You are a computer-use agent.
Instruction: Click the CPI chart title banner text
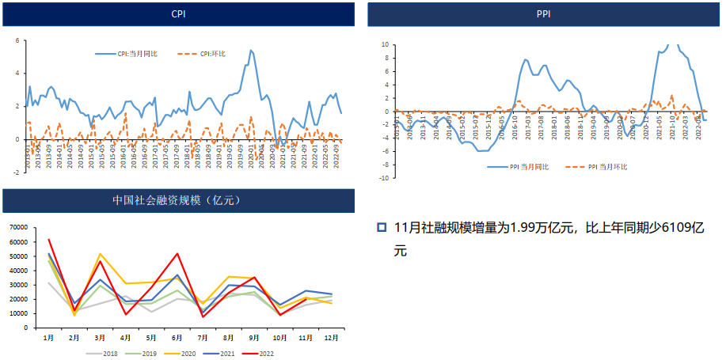point(180,15)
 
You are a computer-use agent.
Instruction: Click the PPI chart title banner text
point(543,14)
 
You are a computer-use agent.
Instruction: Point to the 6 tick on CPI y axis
point(17,40)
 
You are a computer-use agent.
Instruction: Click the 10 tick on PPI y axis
point(384,45)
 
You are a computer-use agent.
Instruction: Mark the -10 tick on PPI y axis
point(383,178)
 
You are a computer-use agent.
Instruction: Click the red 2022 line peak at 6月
point(177,254)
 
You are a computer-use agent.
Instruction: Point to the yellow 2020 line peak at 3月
point(101,254)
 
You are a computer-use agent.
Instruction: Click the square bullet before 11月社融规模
point(382,228)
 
